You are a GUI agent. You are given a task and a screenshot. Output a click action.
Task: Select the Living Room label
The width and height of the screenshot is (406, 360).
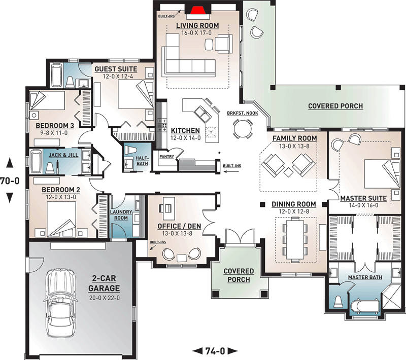tap(197, 25)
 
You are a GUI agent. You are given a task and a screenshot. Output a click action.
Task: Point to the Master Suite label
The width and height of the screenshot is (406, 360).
tap(363, 198)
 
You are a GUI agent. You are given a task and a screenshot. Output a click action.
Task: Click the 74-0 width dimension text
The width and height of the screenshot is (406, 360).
tap(216, 350)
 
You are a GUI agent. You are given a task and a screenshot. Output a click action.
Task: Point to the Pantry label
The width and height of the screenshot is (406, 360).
tap(166, 157)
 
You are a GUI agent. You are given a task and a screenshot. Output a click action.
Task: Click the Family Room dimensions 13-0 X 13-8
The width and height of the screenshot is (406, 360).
tap(294, 146)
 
